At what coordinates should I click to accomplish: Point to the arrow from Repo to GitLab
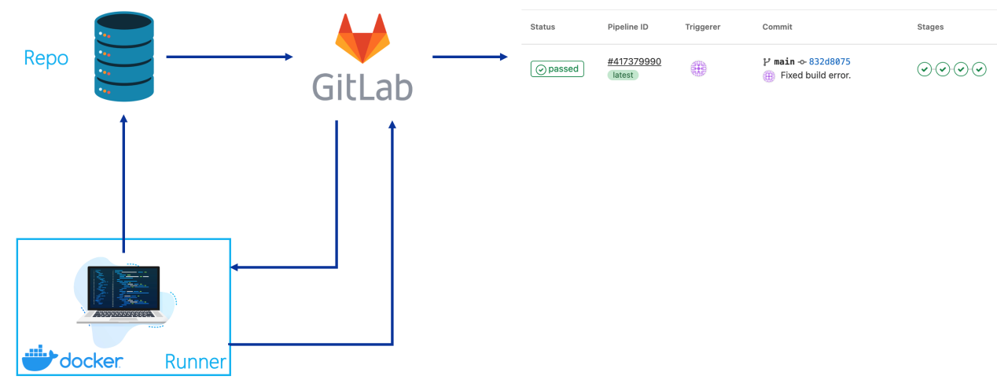[229, 57]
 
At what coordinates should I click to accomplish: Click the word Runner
[196, 362]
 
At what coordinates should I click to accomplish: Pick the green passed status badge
[557, 69]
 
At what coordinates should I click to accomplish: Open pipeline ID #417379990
[634, 61]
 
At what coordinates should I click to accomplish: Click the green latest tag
[623, 75]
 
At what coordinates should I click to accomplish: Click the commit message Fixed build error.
[815, 76]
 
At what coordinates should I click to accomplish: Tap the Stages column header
[930, 27]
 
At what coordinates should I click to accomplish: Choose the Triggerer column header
[702, 27]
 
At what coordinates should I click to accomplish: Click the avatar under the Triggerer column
[698, 68]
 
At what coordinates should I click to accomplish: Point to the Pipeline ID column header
[627, 27]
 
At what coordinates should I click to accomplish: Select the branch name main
[784, 61]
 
